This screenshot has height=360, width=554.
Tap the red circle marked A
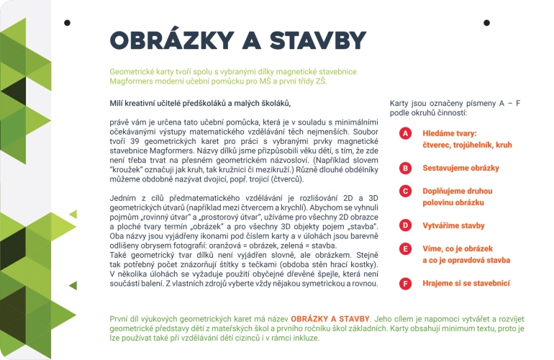(406, 133)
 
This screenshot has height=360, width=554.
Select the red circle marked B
(406, 168)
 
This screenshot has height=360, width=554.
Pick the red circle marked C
(406, 191)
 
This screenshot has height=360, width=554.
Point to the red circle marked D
(406, 225)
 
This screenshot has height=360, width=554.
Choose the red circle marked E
(406, 248)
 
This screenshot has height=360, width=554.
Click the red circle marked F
(406, 284)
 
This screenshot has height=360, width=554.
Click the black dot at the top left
(67, 22)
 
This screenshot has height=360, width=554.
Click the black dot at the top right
(486, 22)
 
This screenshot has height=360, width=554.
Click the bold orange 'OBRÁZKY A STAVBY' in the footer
(330, 318)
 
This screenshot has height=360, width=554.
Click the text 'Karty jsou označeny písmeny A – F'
(454, 104)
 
